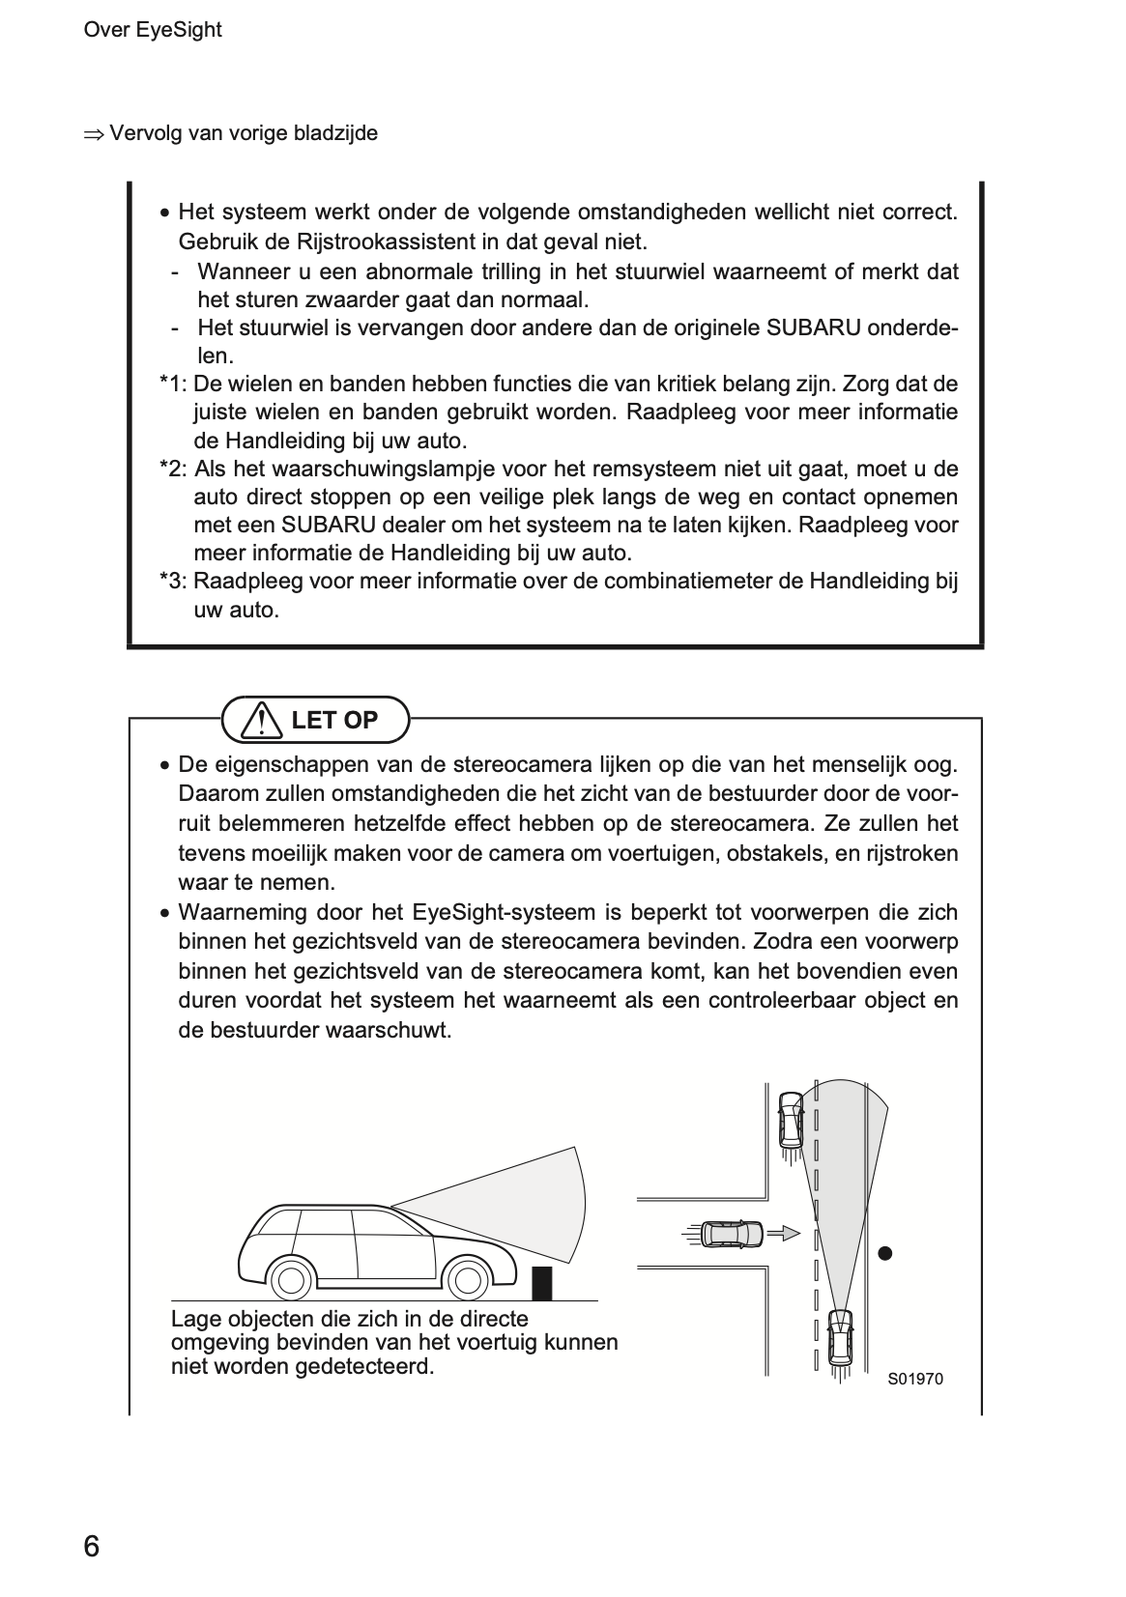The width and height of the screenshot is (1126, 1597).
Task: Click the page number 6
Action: pyautogui.click(x=91, y=1547)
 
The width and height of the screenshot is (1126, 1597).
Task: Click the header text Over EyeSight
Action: pyautogui.click(x=153, y=30)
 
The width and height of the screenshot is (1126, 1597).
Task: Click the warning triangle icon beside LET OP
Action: pyautogui.click(x=259, y=721)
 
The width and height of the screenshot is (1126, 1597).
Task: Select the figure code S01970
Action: pyautogui.click(x=914, y=1379)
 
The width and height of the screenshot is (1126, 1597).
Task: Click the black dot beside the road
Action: pyautogui.click(x=884, y=1254)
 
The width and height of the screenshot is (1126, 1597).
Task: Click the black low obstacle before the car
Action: pyautogui.click(x=543, y=1282)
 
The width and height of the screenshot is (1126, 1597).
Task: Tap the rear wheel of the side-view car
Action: pyautogui.click(x=290, y=1280)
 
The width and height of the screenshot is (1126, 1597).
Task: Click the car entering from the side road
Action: pyautogui.click(x=732, y=1234)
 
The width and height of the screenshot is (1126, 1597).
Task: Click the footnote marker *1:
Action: pyautogui.click(x=174, y=385)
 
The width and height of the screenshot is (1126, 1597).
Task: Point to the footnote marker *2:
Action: pyautogui.click(x=174, y=470)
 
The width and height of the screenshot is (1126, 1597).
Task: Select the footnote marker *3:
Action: pyautogui.click(x=174, y=582)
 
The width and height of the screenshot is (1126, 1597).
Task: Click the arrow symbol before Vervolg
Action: pyautogui.click(x=93, y=134)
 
